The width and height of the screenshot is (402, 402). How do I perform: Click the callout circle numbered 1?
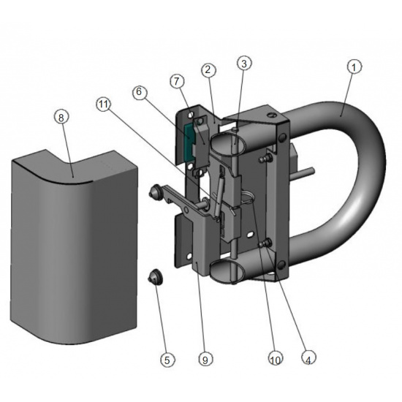[354, 67]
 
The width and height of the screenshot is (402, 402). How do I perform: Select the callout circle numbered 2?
[208, 70]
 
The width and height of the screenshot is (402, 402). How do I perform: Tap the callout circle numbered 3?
[244, 64]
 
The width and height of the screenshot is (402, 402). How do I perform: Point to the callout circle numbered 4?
[308, 357]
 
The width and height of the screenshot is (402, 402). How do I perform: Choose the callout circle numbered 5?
[167, 359]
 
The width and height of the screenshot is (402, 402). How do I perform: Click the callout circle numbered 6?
[140, 92]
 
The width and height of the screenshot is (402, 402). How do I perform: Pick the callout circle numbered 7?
[177, 82]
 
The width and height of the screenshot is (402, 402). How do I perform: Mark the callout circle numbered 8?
[61, 118]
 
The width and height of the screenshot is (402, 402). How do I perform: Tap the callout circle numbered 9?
[205, 359]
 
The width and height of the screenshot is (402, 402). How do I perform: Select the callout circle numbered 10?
[276, 358]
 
